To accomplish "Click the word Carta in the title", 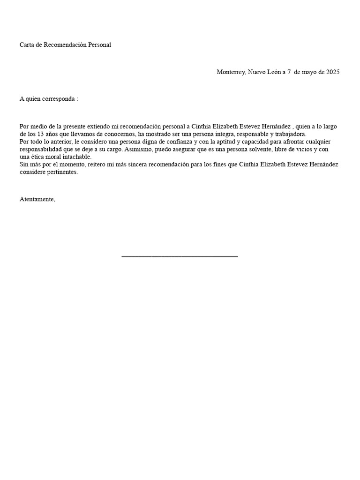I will coord(27,45).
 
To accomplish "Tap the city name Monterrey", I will coord(230,72).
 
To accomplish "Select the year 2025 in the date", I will coord(332,72).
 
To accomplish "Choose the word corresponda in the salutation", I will coord(57,99).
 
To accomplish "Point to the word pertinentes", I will coord(61,172).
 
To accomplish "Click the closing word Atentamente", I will coord(37,199).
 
